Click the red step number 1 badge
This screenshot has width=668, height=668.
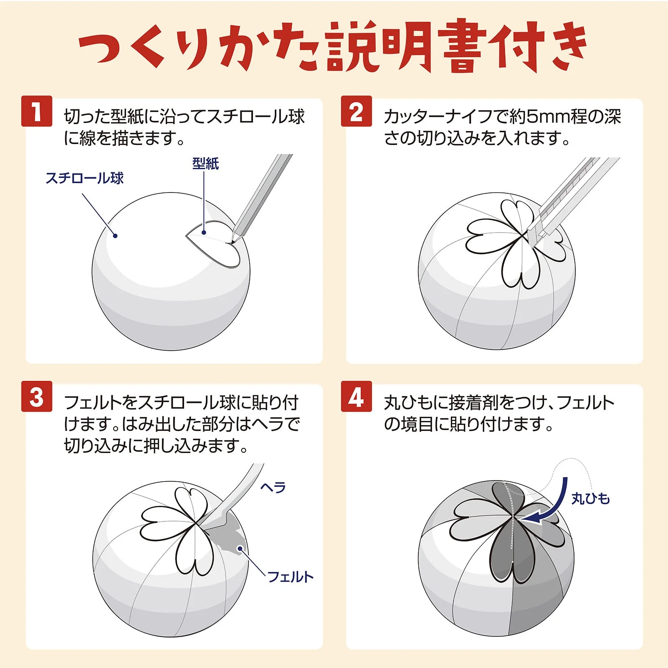point(37,111)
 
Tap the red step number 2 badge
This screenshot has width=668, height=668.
point(356,111)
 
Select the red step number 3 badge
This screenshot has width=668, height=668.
point(37,396)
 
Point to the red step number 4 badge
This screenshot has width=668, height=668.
point(356,396)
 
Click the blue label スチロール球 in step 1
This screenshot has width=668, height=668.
point(85,178)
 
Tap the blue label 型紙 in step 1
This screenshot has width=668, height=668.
point(205,163)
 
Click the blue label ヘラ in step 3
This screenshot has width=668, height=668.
point(273,487)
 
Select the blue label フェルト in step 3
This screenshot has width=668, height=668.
point(290,577)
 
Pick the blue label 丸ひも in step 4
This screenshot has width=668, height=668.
point(590,498)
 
